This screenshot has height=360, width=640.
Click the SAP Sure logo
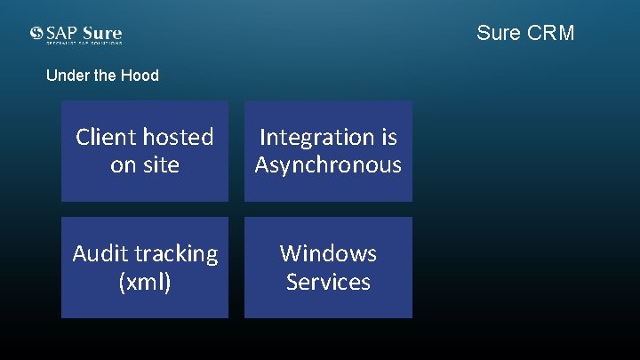[76, 35]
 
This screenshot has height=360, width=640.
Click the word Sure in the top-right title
[496, 33]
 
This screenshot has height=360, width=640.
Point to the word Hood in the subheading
[140, 76]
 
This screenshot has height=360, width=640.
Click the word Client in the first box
[103, 137]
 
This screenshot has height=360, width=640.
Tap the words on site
[145, 165]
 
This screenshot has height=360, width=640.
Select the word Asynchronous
[328, 165]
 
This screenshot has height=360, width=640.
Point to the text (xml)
[145, 283]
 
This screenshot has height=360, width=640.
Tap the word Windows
[328, 253]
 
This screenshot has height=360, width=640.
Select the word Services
[328, 282]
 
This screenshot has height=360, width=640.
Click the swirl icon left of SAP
[36, 33]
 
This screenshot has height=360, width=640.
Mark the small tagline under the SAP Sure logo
[84, 43]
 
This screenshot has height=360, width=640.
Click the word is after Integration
[388, 137]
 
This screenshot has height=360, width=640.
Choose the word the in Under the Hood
[107, 76]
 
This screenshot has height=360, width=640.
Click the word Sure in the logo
[103, 33]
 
